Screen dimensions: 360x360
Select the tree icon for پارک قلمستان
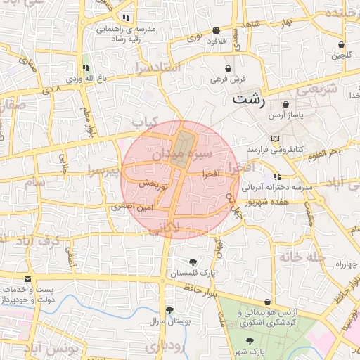193,262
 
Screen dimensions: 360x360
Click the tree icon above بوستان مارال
169,309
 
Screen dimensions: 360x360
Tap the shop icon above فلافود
215,30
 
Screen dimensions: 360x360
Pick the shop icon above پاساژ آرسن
285,104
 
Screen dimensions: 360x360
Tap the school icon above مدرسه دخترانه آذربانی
277,176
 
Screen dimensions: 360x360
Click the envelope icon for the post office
27,279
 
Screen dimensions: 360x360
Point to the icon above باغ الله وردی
86,68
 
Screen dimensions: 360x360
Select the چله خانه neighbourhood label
300,257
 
